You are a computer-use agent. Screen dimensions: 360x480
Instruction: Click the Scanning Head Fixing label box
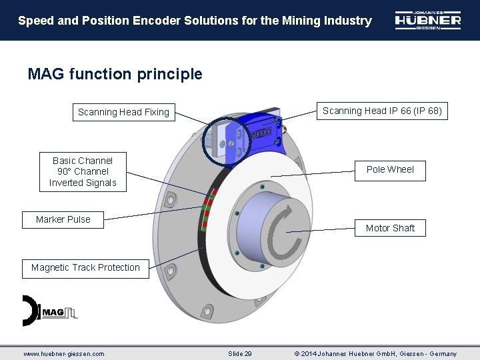pyautogui.click(x=123, y=112)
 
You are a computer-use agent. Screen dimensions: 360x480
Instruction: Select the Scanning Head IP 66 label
pyautogui.click(x=382, y=111)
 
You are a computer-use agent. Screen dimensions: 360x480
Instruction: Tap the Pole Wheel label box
pyautogui.click(x=390, y=169)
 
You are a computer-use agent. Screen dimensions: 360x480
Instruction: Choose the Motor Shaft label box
pyautogui.click(x=390, y=228)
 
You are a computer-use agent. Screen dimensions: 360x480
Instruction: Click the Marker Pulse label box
pyautogui.click(x=63, y=219)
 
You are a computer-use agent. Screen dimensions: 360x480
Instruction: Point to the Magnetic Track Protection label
pyautogui.click(x=85, y=268)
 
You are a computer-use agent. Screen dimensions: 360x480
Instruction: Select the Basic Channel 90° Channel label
pyautogui.click(x=83, y=171)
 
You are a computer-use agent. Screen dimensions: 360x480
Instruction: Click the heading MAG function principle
pyautogui.click(x=115, y=74)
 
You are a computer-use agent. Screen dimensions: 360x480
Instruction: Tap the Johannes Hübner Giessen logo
pyautogui.click(x=427, y=21)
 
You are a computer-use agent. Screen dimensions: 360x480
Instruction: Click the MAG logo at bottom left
pyautogui.click(x=49, y=311)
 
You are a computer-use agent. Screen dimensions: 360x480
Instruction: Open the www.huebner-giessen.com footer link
pyautogui.click(x=64, y=353)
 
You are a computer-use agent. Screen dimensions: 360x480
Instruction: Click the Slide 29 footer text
pyautogui.click(x=240, y=353)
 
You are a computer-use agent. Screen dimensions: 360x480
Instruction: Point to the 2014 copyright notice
pyautogui.click(x=375, y=353)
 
